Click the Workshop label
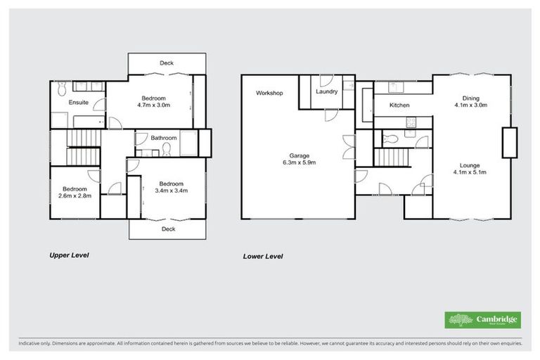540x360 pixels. [x=269, y=93]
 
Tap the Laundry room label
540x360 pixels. [x=327, y=92]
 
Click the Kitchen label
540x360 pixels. [x=399, y=105]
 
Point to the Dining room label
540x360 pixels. [x=470, y=98]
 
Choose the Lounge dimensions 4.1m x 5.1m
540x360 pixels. [x=470, y=171]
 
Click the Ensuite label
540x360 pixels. [x=78, y=103]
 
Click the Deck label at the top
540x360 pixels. [x=167, y=63]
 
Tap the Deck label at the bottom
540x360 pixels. [x=168, y=229]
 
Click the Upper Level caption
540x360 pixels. [x=68, y=255]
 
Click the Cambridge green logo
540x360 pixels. [x=483, y=320]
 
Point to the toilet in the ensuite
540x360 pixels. [x=61, y=89]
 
